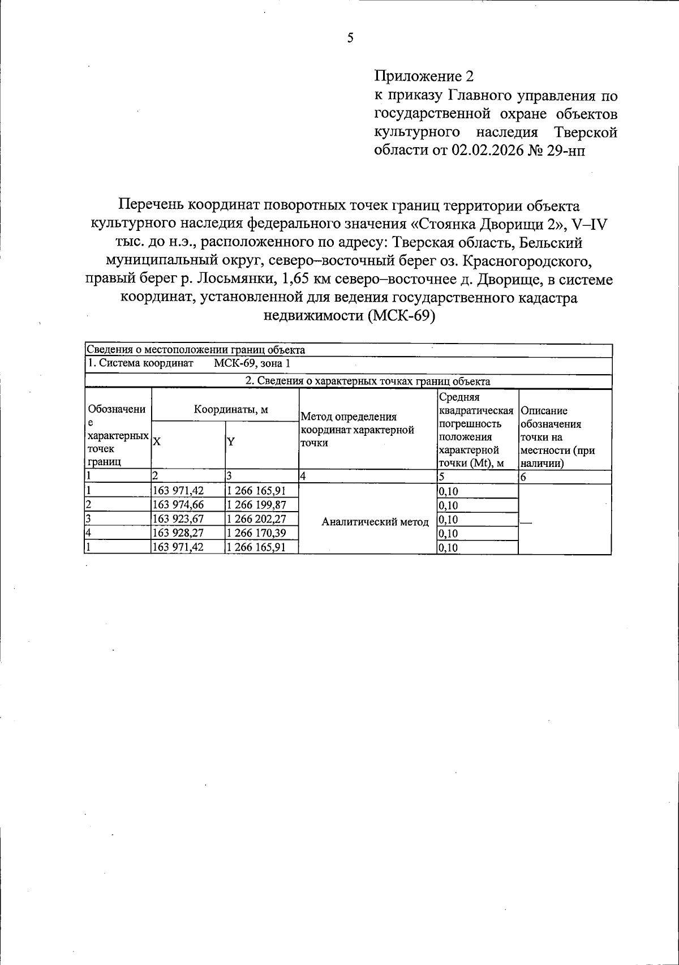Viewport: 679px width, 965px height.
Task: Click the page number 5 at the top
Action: click(x=350, y=38)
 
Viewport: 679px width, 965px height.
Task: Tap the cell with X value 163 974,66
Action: click(x=178, y=505)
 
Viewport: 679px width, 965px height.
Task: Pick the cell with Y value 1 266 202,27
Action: click(x=255, y=519)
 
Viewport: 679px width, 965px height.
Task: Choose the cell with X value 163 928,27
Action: click(x=178, y=533)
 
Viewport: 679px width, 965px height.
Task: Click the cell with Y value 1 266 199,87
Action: click(x=255, y=505)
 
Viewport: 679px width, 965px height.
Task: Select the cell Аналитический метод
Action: click(x=375, y=522)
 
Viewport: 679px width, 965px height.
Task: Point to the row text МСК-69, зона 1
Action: click(x=252, y=363)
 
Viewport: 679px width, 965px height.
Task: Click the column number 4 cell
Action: click(x=303, y=477)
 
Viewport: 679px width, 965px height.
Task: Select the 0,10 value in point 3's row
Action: click(x=448, y=519)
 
